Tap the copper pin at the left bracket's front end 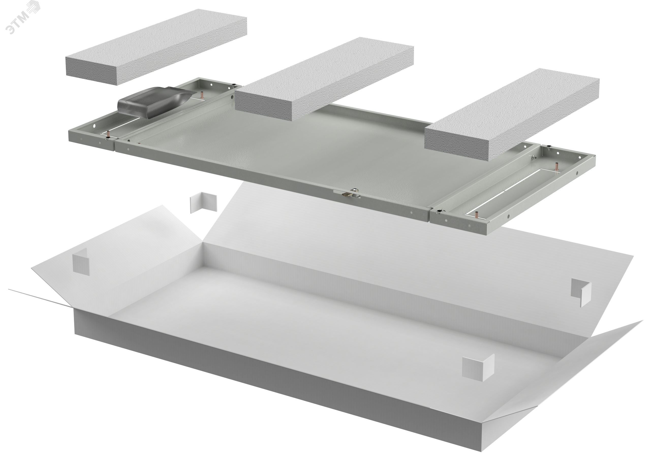(x=109, y=133)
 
